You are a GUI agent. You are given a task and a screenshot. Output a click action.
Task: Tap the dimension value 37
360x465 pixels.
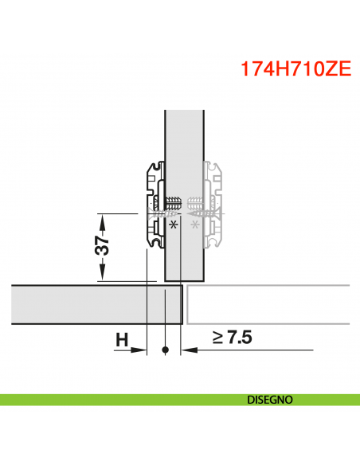click(102, 248)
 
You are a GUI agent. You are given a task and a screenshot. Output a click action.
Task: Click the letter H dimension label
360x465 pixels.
click(122, 339)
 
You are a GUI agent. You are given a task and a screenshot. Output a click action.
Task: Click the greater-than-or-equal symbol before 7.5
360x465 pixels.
click(217, 338)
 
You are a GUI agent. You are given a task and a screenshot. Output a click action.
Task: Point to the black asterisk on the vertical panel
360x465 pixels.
click(173, 225)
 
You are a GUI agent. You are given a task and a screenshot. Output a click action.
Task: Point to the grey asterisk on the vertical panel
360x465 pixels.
click(194, 225)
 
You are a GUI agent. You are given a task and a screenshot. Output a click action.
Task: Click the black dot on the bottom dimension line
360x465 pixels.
click(165, 350)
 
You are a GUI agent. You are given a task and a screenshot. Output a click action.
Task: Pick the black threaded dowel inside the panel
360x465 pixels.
click(174, 202)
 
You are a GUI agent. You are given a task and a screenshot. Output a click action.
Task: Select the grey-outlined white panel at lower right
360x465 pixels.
click(267, 304)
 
